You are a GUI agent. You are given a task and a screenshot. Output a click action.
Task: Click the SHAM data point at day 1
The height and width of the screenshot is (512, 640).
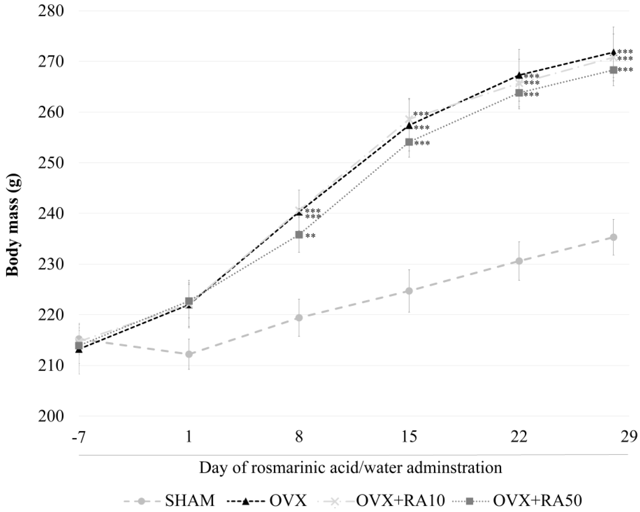tap(189, 354)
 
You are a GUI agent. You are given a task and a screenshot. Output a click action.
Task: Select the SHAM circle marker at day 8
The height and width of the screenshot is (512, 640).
tap(299, 317)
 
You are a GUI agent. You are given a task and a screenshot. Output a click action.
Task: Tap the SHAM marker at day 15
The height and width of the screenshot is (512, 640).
tap(409, 291)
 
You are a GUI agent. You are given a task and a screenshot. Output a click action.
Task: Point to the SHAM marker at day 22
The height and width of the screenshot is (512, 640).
tap(519, 261)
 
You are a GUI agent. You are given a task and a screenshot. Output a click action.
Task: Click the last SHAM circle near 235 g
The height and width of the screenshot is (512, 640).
tap(613, 237)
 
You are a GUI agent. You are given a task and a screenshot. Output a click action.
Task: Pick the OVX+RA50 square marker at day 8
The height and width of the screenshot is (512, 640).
tap(299, 235)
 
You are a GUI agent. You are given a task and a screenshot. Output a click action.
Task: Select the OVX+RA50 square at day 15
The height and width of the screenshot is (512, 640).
tap(409, 142)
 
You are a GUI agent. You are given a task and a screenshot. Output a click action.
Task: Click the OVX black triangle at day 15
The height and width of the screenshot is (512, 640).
tap(409, 126)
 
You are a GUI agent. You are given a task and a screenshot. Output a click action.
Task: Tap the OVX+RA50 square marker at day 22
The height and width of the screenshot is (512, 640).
tap(519, 93)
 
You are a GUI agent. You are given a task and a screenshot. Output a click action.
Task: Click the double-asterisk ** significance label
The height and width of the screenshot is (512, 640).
tap(311, 236)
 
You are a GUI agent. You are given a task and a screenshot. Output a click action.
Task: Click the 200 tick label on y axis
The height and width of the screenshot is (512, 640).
tap(51, 416)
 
